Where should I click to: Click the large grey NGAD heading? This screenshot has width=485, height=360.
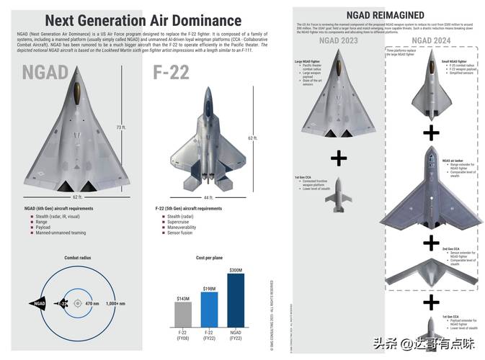point(46,72)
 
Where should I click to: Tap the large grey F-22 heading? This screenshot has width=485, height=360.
point(171,72)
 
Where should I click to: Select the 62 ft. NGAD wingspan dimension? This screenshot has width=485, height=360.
point(78,196)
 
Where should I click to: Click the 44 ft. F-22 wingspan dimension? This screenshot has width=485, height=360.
point(208,196)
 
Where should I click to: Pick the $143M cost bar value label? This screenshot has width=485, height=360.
point(183,297)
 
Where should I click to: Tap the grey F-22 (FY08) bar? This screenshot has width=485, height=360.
point(183,314)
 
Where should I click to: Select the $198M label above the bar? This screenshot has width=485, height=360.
point(209,288)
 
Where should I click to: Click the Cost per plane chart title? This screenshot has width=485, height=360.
point(209,257)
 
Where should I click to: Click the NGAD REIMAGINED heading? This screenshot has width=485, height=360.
point(386,14)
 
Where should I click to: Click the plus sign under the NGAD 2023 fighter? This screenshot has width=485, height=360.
point(338,158)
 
